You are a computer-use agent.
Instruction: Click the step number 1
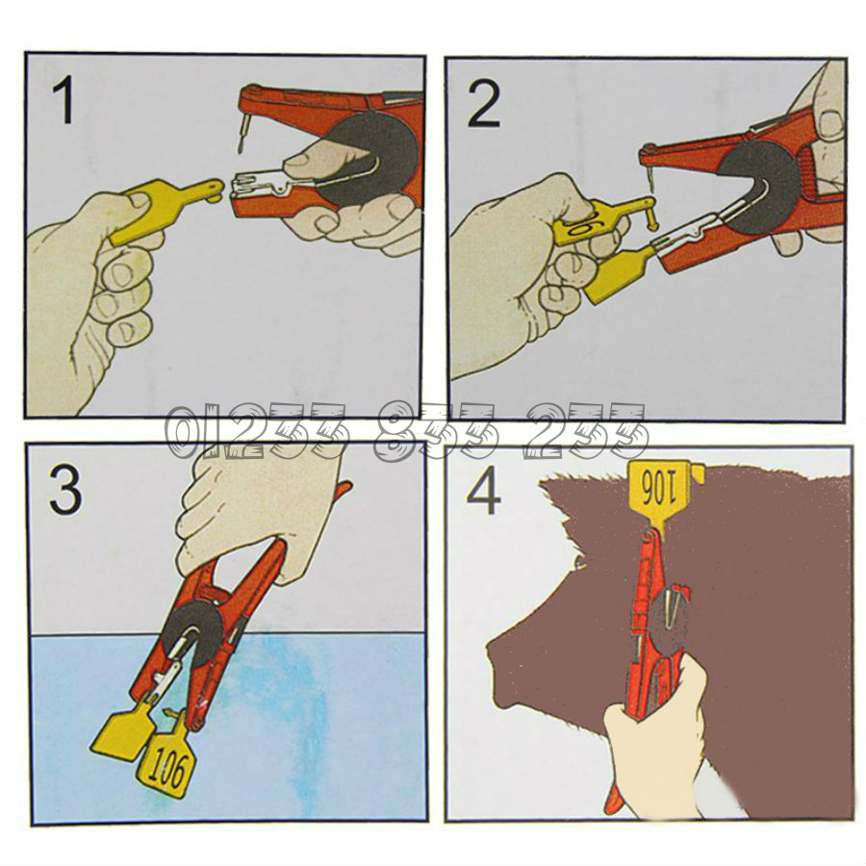pyautogui.click(x=64, y=100)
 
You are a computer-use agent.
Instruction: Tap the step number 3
pyautogui.click(x=65, y=491)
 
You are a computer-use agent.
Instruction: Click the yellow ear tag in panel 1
pyautogui.click(x=160, y=207)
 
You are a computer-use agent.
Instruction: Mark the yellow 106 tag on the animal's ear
pyautogui.click(x=663, y=495)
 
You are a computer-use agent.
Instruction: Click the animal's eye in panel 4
pyautogui.click(x=579, y=562)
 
